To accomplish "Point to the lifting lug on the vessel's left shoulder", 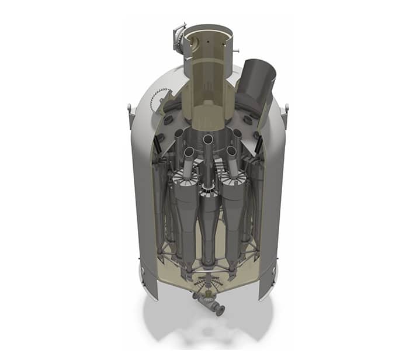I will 129,109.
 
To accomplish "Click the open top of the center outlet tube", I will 208,140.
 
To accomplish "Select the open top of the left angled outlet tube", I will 188,153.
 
